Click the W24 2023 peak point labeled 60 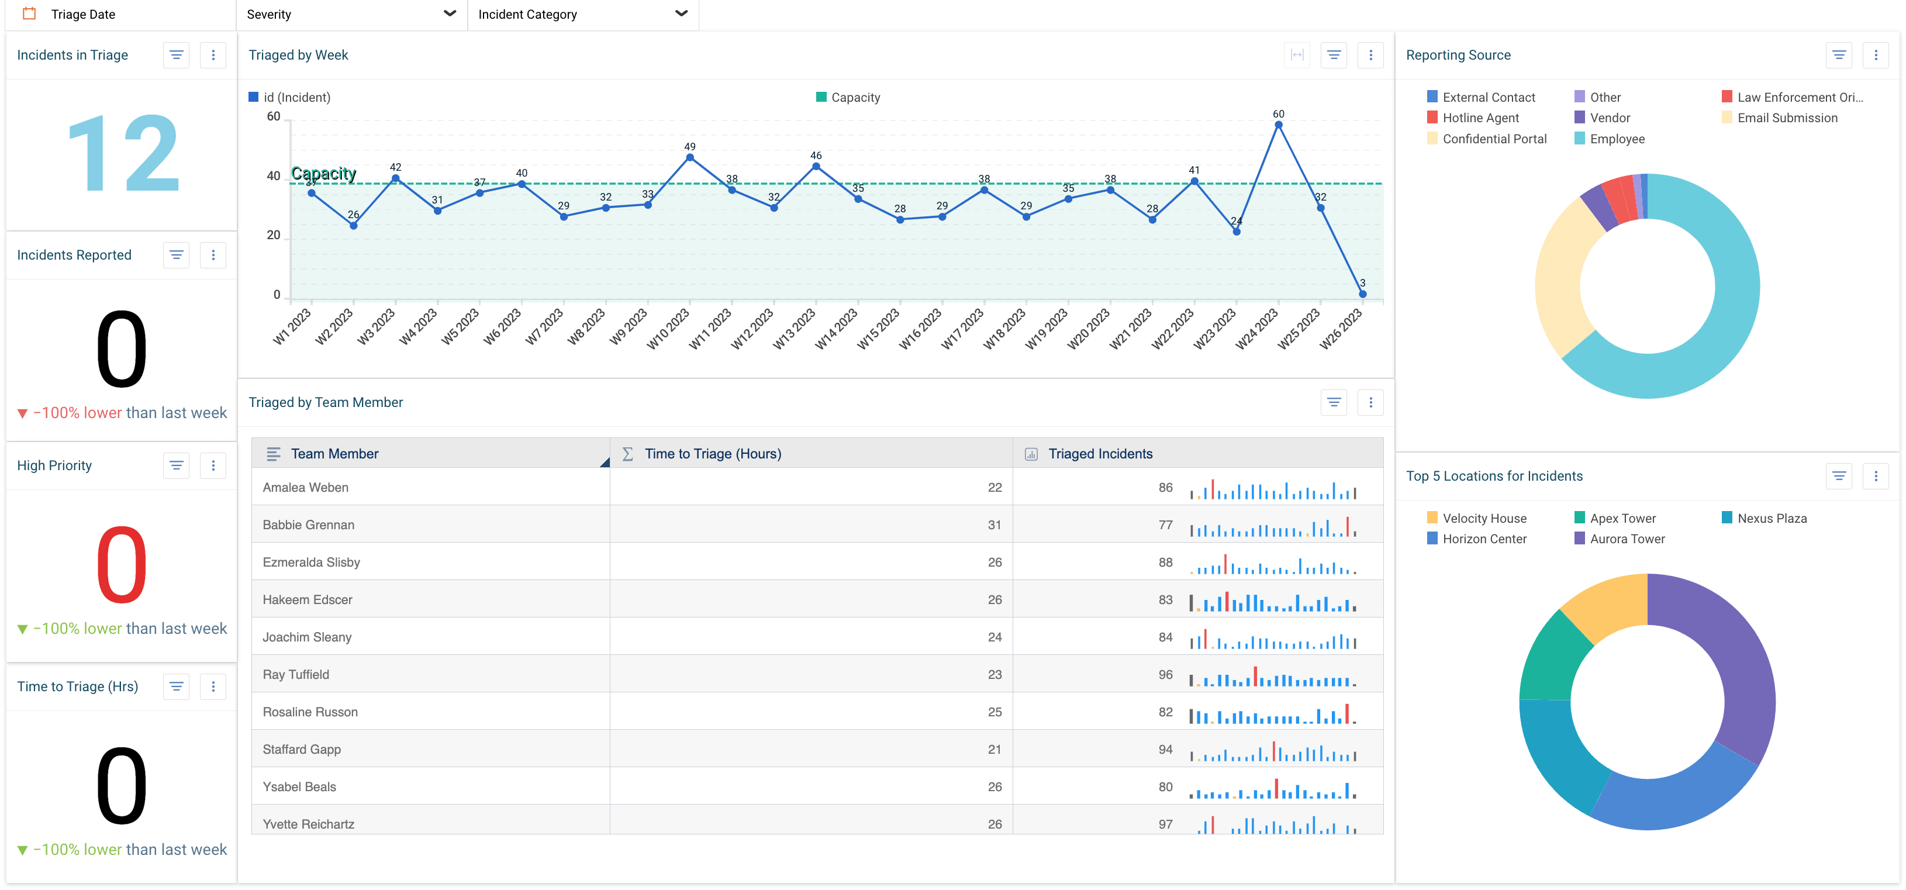click(1278, 125)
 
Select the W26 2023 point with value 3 click(1362, 294)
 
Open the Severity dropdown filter click(351, 14)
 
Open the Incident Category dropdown click(582, 14)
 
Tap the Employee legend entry click(1616, 139)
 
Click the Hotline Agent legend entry click(1480, 118)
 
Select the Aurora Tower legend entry click(1627, 539)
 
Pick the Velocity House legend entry click(1483, 518)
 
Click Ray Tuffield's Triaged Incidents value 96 click(1165, 674)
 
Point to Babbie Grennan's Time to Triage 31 click(994, 525)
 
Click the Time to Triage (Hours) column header click(713, 454)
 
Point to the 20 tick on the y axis click(274, 235)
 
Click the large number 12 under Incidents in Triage click(122, 154)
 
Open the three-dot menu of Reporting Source click(1875, 55)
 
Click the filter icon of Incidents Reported click(176, 254)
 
